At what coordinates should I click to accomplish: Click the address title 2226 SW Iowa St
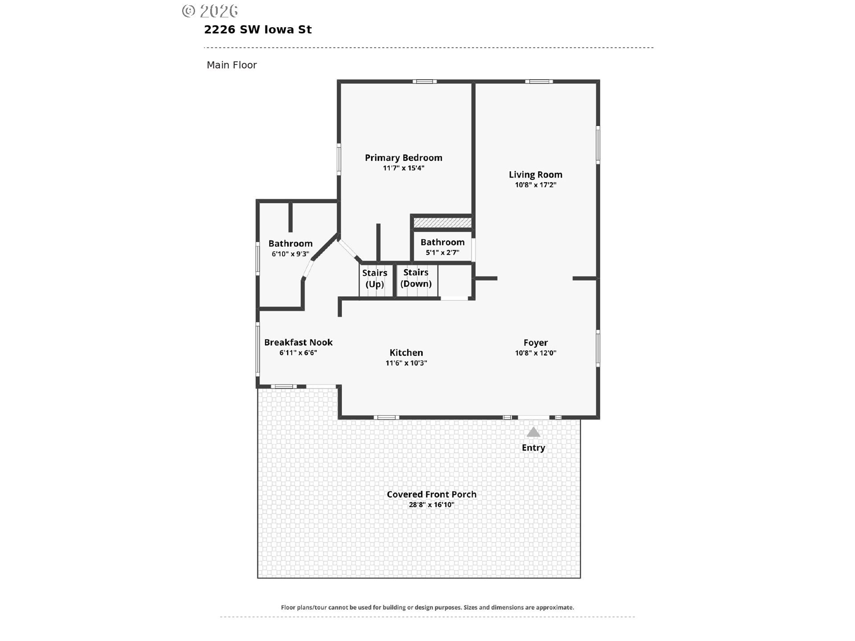tap(258, 30)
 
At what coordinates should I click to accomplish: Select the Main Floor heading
tap(232, 65)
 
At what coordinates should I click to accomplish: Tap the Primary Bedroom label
tap(403, 158)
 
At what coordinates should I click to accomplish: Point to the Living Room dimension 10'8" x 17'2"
tap(536, 185)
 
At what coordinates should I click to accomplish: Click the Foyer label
tap(536, 343)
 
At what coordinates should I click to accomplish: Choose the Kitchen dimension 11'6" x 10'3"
tap(406, 363)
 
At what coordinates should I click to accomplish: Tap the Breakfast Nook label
tap(298, 342)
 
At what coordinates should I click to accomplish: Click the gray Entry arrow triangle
tap(533, 432)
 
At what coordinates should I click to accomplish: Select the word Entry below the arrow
tap(533, 448)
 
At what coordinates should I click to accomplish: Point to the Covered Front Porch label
tap(432, 494)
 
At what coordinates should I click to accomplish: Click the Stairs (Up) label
tap(375, 279)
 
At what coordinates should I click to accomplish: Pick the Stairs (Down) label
tap(416, 278)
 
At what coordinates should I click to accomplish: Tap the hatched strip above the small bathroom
tap(442, 222)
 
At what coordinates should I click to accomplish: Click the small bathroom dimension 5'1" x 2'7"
tap(443, 252)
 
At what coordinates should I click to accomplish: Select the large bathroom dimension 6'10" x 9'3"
tap(290, 254)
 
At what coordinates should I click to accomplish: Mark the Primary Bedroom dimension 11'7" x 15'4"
tap(403, 168)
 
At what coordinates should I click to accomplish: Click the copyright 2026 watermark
tap(210, 11)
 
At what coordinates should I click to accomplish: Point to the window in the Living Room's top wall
tap(539, 81)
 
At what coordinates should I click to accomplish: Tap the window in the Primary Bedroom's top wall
tap(424, 81)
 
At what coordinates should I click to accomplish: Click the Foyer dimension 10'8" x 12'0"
tap(536, 353)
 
